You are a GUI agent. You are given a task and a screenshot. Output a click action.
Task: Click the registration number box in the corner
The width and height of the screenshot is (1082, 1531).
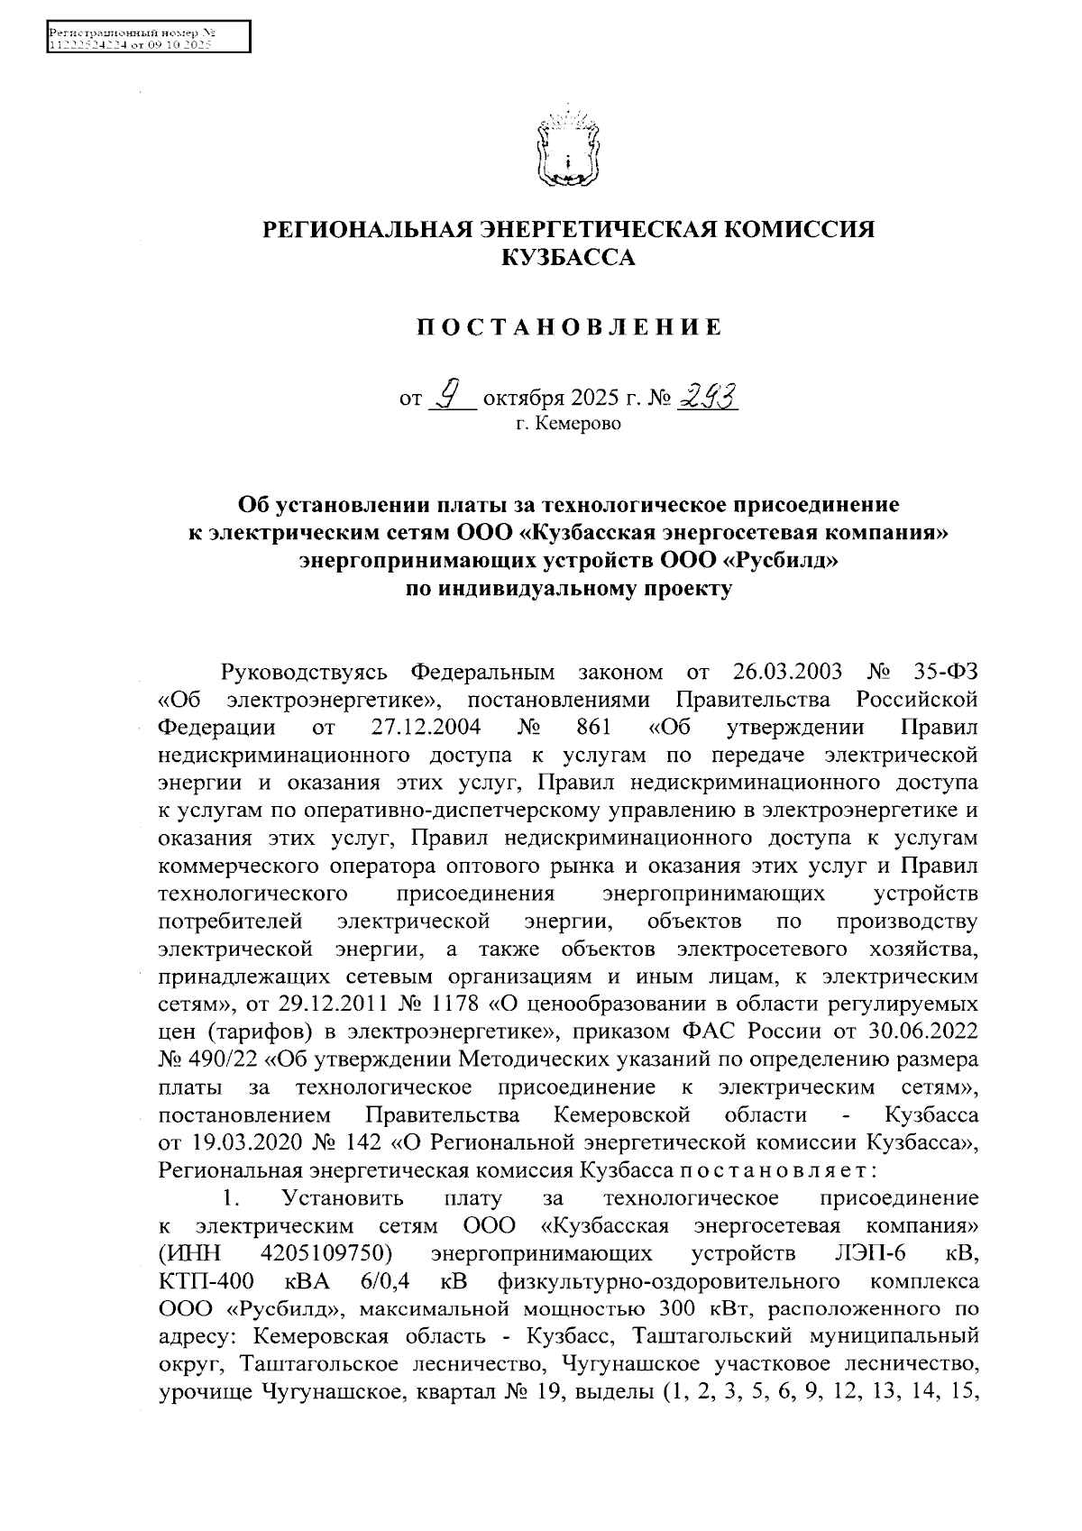147,37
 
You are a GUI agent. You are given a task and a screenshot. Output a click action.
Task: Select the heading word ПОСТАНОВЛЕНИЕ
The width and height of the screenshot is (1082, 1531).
568,327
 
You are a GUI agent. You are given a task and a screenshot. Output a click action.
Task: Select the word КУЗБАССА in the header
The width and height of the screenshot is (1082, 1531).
568,259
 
